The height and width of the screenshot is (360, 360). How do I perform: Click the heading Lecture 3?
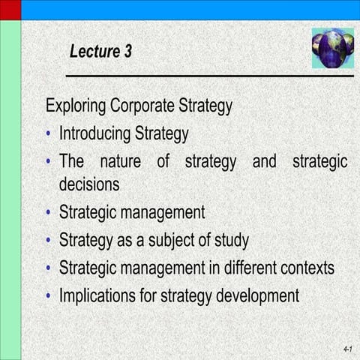point(100,52)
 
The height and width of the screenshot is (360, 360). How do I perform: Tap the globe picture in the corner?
point(332,47)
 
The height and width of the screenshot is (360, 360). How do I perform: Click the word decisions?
point(89,183)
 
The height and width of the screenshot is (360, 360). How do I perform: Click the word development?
point(258,295)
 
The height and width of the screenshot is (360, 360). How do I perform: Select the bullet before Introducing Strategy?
point(49,135)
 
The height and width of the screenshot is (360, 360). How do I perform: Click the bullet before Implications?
point(49,295)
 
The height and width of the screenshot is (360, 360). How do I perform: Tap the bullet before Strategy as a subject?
point(49,241)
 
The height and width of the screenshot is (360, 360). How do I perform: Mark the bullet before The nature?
point(49,163)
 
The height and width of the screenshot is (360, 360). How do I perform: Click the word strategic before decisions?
point(319,162)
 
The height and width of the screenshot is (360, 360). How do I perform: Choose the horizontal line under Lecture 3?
point(210,76)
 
